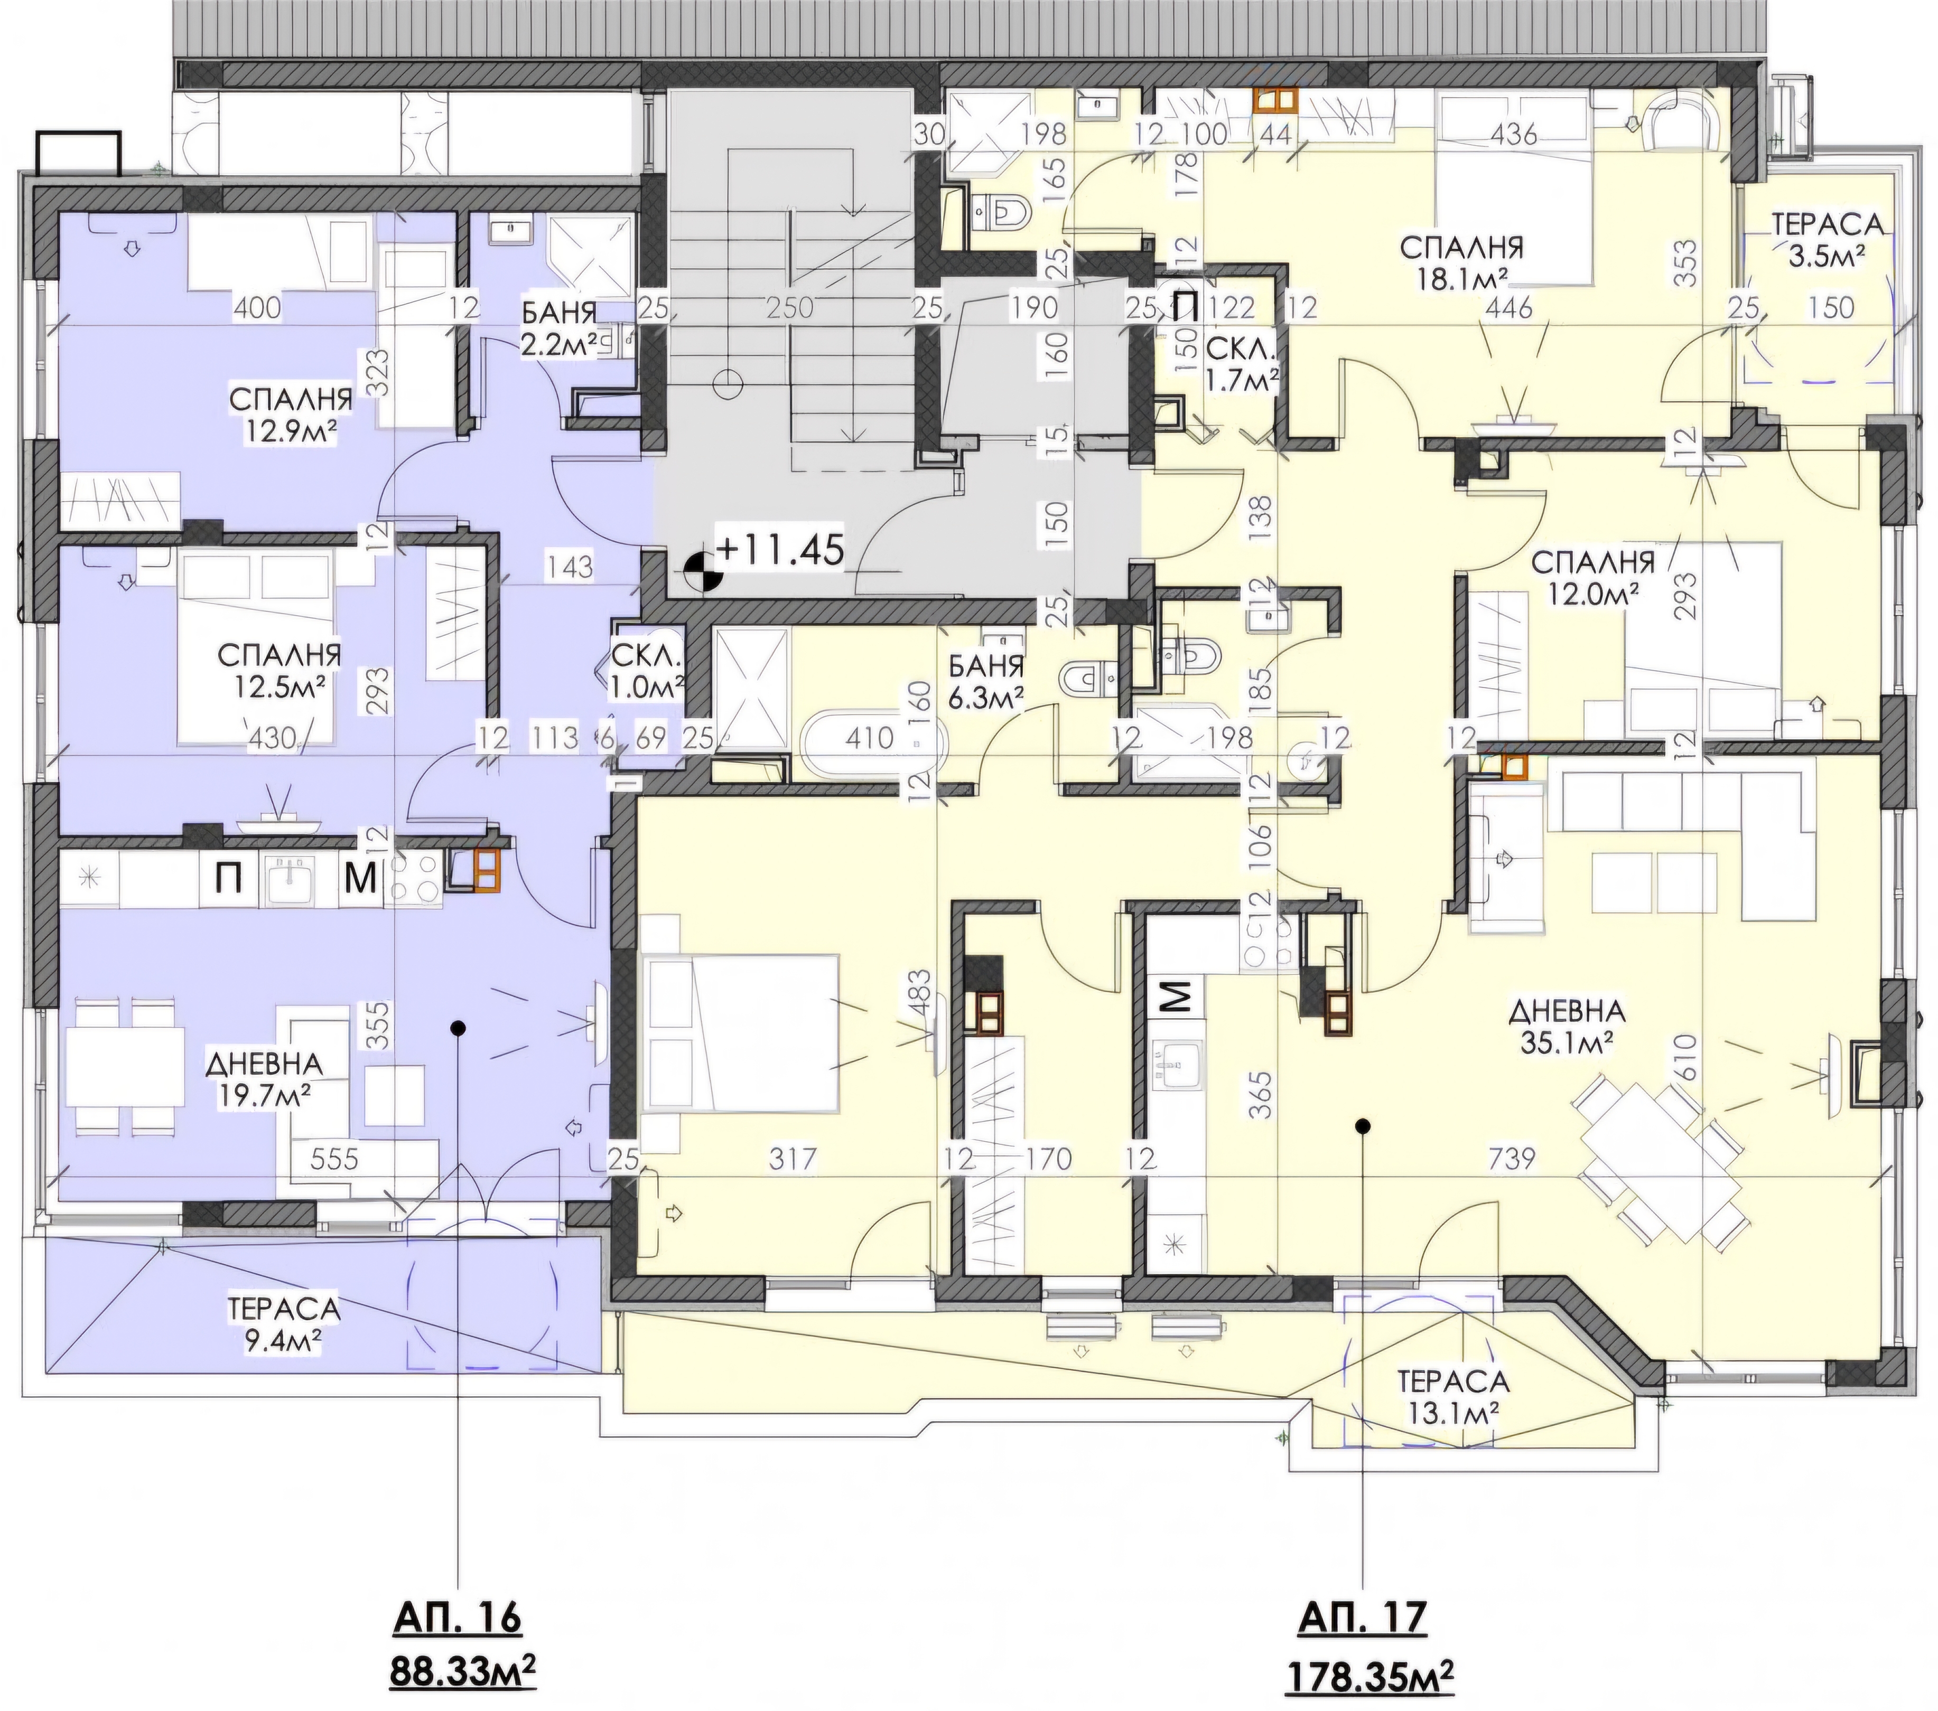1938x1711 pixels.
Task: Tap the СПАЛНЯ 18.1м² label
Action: (x=1461, y=261)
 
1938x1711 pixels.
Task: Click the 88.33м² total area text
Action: (x=463, y=1672)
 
